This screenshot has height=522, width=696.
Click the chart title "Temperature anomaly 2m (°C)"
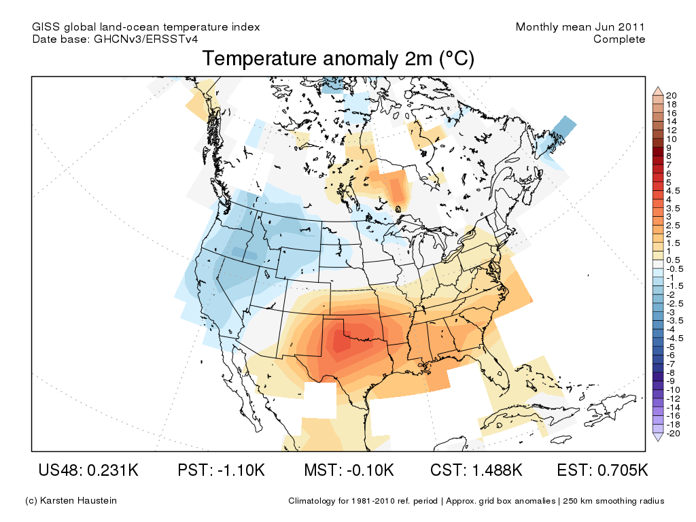[338, 59]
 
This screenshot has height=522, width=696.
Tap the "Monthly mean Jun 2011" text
[580, 27]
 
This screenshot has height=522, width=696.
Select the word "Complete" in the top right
[619, 39]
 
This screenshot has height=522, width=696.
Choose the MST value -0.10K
[366, 470]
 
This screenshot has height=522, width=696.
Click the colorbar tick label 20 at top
[672, 95]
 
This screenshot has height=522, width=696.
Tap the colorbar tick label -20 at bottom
[673, 434]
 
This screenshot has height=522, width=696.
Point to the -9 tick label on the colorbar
[672, 381]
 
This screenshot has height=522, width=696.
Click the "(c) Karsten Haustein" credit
[71, 501]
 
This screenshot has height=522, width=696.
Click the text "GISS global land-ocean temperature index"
[145, 27]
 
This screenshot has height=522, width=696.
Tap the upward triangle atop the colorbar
[657, 90]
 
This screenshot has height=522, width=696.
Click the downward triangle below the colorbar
[657, 438]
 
